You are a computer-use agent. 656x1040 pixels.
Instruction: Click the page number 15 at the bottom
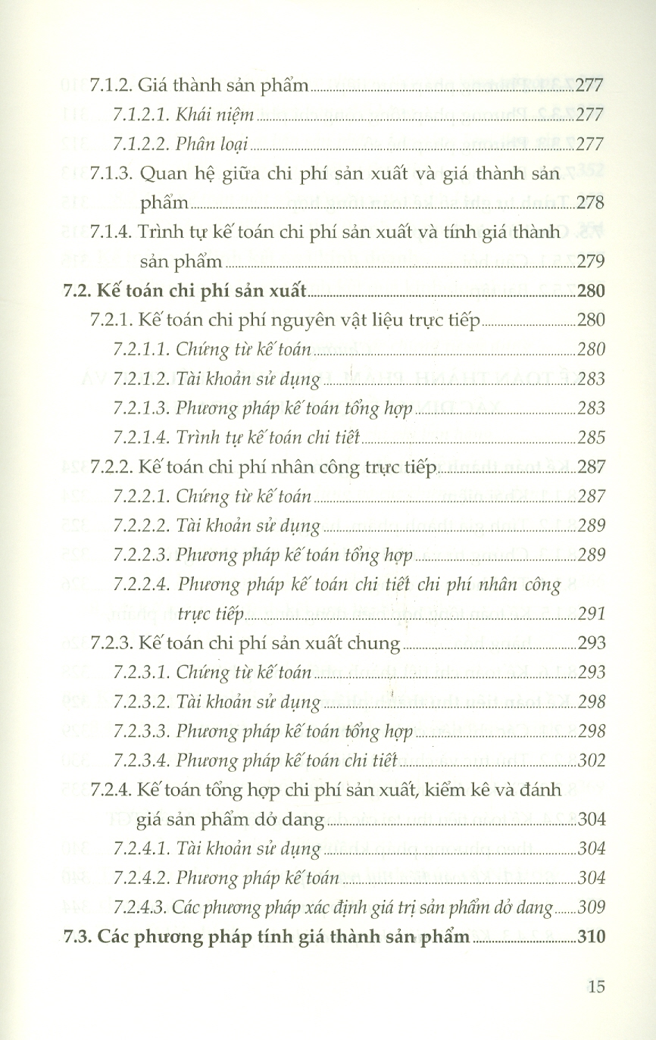595,986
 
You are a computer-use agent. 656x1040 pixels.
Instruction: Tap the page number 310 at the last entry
591,937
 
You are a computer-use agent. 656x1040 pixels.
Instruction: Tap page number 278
591,202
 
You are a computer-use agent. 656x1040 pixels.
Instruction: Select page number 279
591,261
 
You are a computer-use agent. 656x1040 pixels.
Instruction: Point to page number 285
591,437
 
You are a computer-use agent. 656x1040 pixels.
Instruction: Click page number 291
591,614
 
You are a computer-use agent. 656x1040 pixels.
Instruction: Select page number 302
591,760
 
